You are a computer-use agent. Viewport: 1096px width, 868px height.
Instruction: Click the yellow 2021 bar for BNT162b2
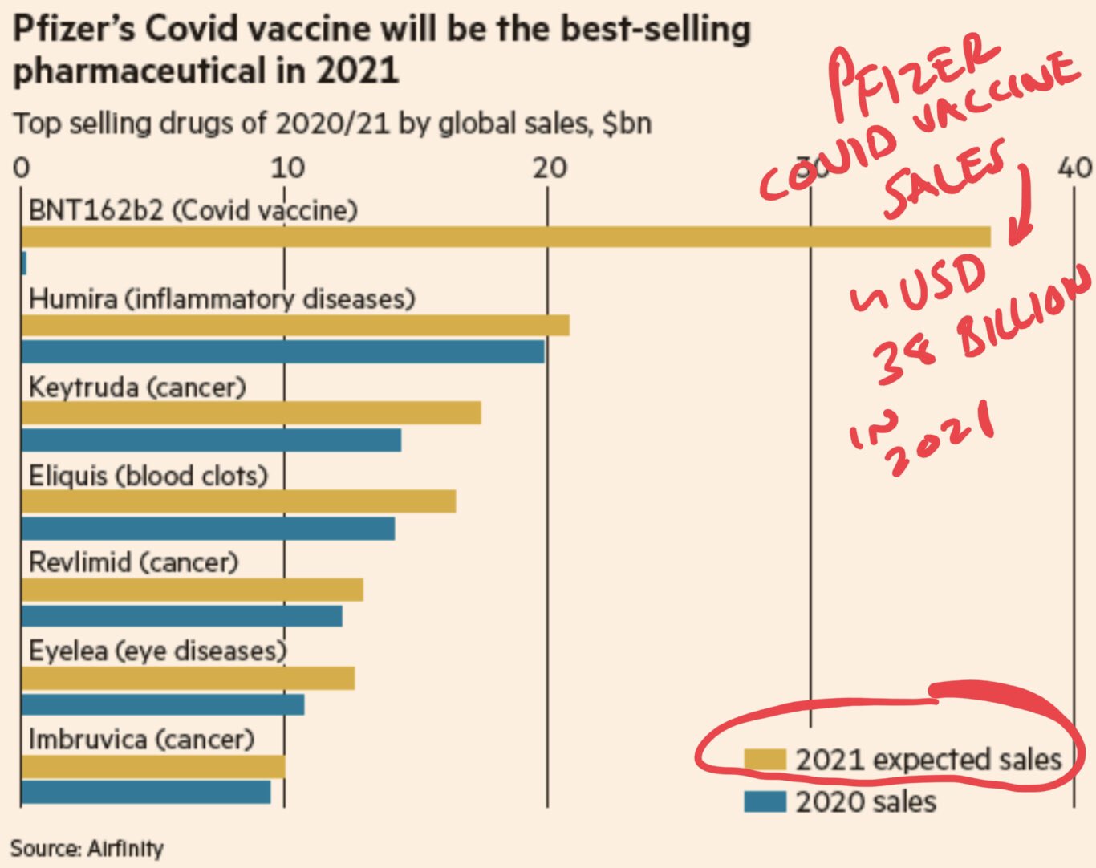pos(505,237)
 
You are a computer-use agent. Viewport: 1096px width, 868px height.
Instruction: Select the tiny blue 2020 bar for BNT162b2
pos(24,263)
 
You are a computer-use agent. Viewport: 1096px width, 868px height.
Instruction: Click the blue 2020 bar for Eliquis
pos(208,529)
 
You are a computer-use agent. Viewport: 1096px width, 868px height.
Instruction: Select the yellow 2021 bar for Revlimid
pos(192,590)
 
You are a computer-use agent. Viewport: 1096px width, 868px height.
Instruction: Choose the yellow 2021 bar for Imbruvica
pos(152,767)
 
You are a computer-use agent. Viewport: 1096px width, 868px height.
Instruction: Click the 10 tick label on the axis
pos(286,168)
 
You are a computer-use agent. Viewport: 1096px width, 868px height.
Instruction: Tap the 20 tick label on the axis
pos(550,168)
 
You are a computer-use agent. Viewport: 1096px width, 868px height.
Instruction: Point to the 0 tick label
pos(22,168)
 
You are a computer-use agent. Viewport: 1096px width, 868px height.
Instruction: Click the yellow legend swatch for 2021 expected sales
pos(764,760)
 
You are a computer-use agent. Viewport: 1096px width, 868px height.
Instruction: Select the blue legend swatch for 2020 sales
pos(764,801)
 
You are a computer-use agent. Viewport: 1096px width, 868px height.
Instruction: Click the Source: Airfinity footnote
pos(87,848)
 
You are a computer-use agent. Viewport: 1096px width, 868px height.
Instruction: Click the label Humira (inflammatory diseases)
pos(221,299)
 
